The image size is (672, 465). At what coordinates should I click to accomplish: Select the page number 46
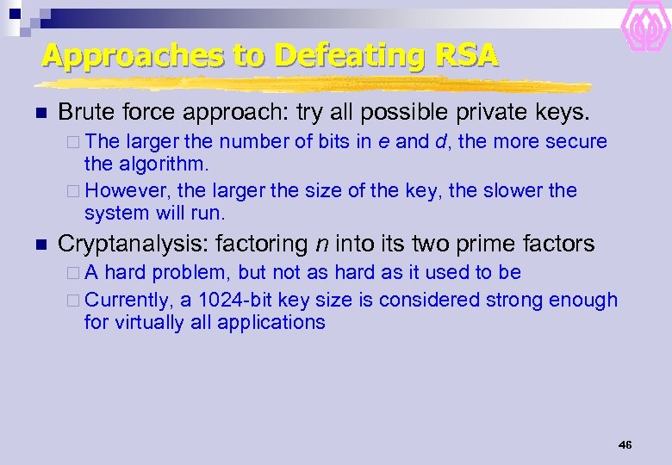(625, 444)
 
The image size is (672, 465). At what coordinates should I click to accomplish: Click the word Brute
(84, 112)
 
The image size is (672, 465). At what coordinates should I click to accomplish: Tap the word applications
(271, 322)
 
